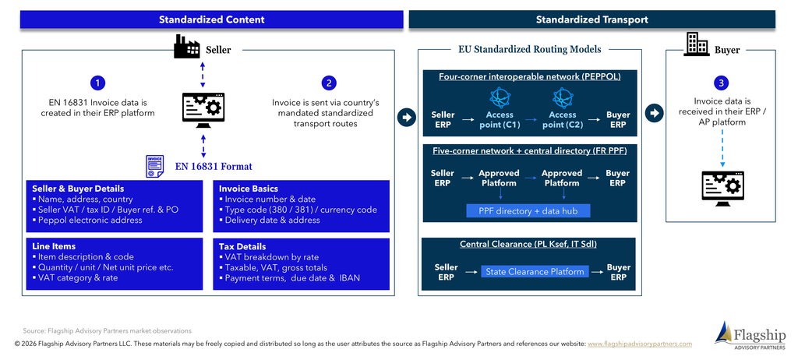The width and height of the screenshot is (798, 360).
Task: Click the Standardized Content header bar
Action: (212, 19)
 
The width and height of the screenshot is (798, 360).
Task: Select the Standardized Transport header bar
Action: (592, 19)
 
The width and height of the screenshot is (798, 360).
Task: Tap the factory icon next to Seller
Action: (186, 47)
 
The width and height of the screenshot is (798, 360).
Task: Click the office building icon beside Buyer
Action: (696, 44)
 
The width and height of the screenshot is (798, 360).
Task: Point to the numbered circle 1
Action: (97, 83)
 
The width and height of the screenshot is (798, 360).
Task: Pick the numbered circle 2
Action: (330, 83)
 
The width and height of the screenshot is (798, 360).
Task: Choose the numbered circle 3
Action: (721, 83)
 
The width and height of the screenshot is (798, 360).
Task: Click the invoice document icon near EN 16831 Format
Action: (155, 167)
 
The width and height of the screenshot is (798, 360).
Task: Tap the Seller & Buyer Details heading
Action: (78, 189)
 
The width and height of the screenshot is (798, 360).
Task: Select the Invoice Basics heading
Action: (249, 189)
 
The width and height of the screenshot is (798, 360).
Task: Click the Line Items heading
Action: (54, 246)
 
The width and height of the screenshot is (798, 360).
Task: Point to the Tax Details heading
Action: (242, 246)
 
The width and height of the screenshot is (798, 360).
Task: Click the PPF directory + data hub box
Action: (528, 211)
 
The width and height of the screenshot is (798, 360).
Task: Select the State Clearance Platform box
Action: (535, 271)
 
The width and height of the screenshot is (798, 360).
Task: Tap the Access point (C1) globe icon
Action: (500, 97)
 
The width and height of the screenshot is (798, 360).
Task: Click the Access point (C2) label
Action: (563, 120)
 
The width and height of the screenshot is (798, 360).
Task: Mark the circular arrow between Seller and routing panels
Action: (406, 118)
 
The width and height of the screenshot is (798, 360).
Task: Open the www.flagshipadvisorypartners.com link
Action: (640, 344)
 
